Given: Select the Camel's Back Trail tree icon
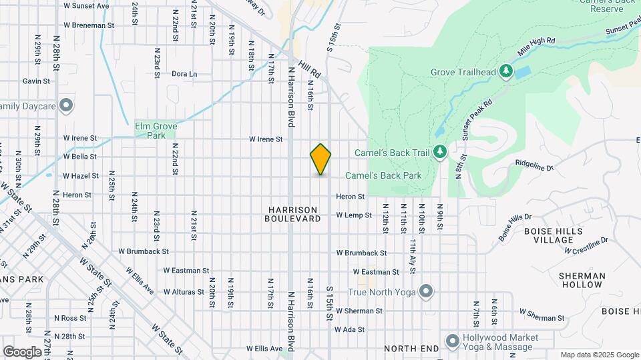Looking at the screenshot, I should point(439,153).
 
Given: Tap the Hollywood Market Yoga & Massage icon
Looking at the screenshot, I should point(452,341).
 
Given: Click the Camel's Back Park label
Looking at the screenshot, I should point(383,175).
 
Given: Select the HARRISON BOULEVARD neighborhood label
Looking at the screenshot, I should point(292,214).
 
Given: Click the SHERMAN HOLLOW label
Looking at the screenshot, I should point(582,280).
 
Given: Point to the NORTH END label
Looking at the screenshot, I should point(411,349).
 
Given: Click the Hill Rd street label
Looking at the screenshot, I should point(310,67).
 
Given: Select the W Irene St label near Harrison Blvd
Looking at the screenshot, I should point(266,139).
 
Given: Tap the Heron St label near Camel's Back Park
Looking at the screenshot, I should point(350,197).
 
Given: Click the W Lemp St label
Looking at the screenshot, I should point(353,215).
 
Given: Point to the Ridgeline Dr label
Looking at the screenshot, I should point(534,165).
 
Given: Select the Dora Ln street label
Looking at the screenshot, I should point(184,73).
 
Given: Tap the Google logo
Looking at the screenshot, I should point(22,351).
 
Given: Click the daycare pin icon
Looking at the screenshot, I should point(65,105).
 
